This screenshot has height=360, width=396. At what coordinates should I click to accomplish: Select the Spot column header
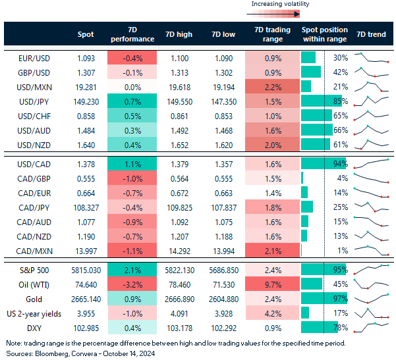(x=86, y=34)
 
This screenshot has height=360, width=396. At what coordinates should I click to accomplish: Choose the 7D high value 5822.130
(x=179, y=270)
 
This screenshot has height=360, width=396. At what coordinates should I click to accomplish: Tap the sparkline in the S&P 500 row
(x=372, y=270)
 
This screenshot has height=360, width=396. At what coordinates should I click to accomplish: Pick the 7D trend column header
(x=371, y=34)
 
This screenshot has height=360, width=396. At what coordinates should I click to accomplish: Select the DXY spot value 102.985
(x=86, y=328)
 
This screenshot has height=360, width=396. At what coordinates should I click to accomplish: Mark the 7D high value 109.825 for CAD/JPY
(x=179, y=206)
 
